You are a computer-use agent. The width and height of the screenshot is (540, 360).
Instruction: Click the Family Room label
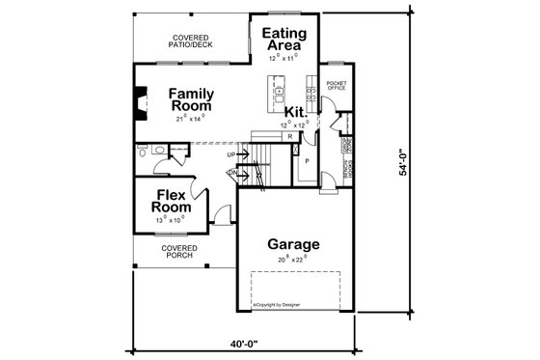[191, 99]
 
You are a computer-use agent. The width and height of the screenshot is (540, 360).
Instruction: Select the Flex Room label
[171, 200]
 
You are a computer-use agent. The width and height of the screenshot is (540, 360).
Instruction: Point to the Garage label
[293, 243]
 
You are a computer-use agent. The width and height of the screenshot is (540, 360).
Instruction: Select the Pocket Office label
[337, 88]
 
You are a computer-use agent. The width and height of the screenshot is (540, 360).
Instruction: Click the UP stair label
[231, 154]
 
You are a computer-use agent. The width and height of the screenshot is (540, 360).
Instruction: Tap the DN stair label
[231, 174]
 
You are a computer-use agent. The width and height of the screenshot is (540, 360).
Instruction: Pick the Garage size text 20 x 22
[293, 260]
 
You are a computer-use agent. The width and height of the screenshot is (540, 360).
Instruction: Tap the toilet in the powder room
[143, 152]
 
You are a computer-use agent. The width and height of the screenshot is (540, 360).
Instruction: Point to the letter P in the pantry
[307, 161]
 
